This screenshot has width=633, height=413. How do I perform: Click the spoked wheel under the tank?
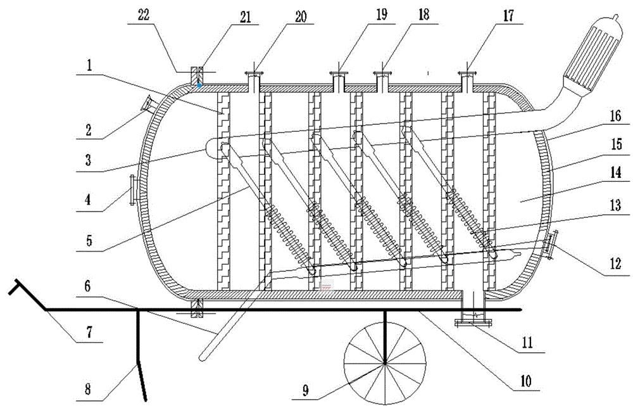click(385, 364)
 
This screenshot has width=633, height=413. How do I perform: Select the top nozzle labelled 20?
click(255, 81)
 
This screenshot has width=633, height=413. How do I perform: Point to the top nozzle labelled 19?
click(339, 81)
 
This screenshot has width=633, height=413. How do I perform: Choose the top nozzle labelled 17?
click(468, 81)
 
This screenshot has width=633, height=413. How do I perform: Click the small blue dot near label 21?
click(199, 84)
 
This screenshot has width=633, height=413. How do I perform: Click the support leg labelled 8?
click(141, 367)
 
